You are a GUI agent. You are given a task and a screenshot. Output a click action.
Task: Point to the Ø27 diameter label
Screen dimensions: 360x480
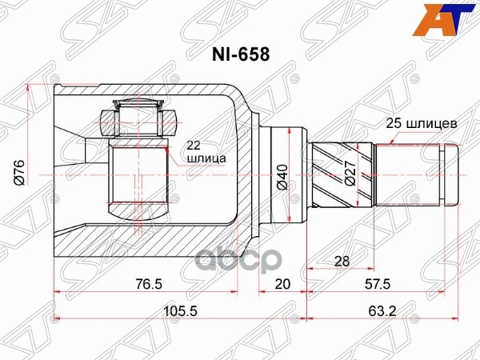(350, 174)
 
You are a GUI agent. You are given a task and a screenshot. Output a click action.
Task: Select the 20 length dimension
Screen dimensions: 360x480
(282, 284)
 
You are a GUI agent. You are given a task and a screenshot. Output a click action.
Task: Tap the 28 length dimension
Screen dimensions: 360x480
(341, 262)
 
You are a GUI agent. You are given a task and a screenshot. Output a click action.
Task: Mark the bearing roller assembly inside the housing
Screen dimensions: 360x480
(138, 120)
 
